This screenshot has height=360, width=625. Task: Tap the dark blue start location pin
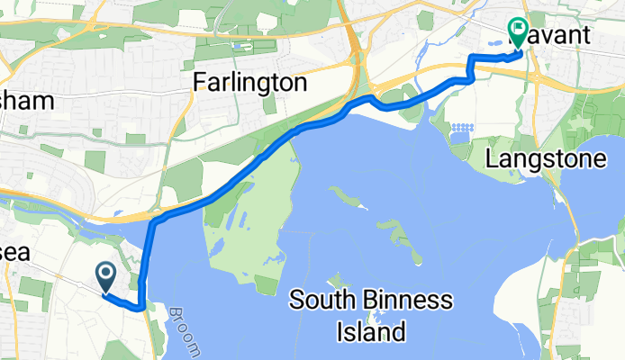coord(104,276)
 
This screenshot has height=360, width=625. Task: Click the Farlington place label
coord(251,84)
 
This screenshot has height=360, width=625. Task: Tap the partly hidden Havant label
coord(554,36)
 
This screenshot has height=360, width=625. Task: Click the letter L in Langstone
coord(492,160)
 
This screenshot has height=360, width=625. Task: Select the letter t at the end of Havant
coord(586,36)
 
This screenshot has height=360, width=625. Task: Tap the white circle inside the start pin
coord(104,272)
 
